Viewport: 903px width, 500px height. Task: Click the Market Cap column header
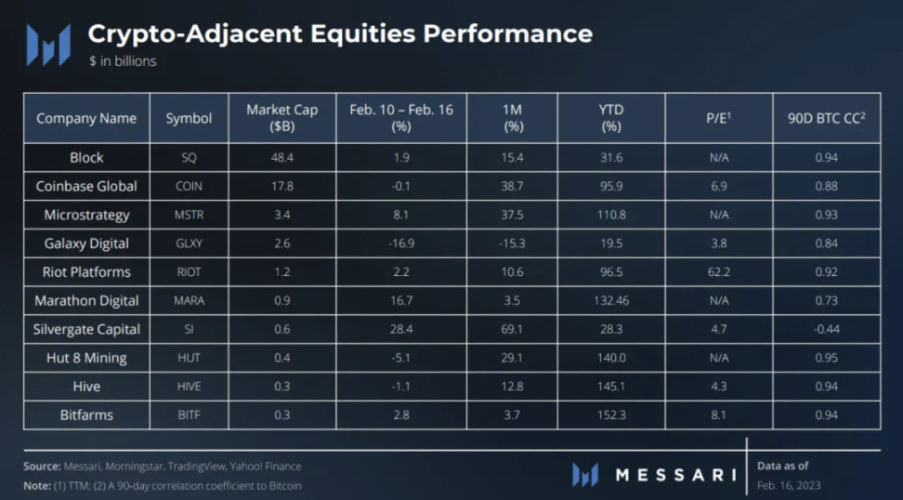(281, 117)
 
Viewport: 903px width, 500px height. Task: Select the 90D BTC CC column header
(826, 118)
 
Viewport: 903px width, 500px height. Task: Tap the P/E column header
(719, 118)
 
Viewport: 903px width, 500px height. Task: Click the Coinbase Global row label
(86, 186)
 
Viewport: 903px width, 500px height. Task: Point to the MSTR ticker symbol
(189, 215)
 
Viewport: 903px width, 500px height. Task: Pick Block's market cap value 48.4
(281, 157)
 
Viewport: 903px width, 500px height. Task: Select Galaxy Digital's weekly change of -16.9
(401, 243)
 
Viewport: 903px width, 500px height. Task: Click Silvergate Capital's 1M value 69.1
(513, 329)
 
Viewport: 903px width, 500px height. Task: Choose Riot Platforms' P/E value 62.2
(719, 272)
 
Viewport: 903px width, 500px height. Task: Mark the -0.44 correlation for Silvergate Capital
(826, 329)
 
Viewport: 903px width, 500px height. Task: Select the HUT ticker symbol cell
(189, 358)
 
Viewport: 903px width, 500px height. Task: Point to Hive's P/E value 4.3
(719, 387)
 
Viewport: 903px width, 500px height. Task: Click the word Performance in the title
(507, 33)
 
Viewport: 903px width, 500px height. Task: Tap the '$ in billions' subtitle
(122, 61)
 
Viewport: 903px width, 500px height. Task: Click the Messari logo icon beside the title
(48, 45)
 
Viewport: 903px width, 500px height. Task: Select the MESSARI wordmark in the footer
(675, 476)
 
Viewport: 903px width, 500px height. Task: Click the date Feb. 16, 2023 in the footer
(789, 485)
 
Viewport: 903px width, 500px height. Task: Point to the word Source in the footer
(43, 466)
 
